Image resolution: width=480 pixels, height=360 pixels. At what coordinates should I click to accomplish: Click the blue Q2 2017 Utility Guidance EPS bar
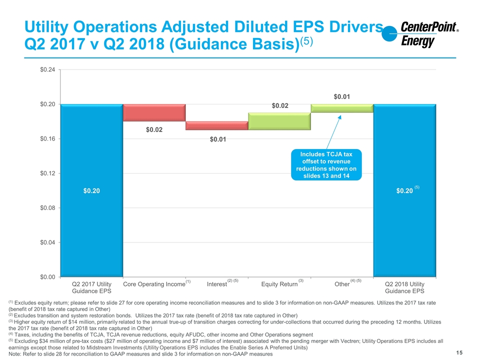point(91,190)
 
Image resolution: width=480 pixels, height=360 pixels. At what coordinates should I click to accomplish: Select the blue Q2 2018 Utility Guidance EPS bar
point(404,190)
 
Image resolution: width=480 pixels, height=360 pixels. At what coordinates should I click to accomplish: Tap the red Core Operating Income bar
point(154,112)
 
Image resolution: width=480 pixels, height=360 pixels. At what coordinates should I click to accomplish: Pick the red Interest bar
point(216,125)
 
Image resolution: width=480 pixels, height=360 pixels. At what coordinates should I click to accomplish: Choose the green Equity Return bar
point(279,121)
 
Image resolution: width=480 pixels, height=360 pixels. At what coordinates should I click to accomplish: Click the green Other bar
point(342,108)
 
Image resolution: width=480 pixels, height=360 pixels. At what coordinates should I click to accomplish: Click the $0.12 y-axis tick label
point(48,173)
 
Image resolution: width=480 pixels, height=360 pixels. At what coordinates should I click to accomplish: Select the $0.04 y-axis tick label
point(48,242)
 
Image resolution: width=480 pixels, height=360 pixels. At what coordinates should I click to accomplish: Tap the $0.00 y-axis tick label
point(48,277)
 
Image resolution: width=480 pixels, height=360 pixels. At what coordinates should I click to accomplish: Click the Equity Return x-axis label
point(279,284)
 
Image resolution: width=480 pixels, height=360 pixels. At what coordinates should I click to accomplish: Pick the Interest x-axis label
point(216,284)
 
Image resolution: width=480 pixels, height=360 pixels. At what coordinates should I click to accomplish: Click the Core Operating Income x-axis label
point(154,284)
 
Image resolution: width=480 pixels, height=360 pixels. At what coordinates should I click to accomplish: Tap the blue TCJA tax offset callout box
point(326,164)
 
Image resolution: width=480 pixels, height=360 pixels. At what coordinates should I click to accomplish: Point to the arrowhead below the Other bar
point(339,116)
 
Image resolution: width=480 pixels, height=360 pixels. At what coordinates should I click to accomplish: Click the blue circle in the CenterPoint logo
point(389,33)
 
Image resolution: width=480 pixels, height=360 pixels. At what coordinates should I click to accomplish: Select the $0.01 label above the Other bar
point(341,96)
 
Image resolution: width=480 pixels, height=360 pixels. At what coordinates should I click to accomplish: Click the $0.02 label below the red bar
point(154,130)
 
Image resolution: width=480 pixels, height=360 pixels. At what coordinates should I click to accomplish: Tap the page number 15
point(459,352)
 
